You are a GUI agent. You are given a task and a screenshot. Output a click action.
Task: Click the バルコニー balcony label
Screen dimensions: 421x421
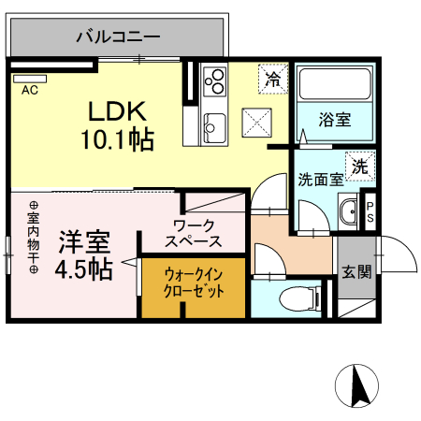118,37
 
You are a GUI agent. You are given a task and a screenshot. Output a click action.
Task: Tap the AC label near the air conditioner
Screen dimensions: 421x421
29,91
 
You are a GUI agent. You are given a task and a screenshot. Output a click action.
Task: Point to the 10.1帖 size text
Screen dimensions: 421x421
118,139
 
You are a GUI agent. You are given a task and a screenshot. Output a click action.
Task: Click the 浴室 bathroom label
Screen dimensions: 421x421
334,121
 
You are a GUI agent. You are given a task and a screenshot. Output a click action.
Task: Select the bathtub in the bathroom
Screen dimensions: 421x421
333,89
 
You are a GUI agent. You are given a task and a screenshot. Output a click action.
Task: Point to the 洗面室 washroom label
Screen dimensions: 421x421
319,179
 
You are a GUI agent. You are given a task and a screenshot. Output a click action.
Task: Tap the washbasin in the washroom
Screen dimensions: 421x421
347,212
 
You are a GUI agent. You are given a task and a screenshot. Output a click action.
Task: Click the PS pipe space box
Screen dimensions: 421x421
370,212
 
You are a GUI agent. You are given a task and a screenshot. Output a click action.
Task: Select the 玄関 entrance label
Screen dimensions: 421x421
356,272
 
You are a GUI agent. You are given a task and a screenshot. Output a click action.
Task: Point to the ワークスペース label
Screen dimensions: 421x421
194,233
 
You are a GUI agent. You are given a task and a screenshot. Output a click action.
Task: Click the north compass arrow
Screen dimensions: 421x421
356,384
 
